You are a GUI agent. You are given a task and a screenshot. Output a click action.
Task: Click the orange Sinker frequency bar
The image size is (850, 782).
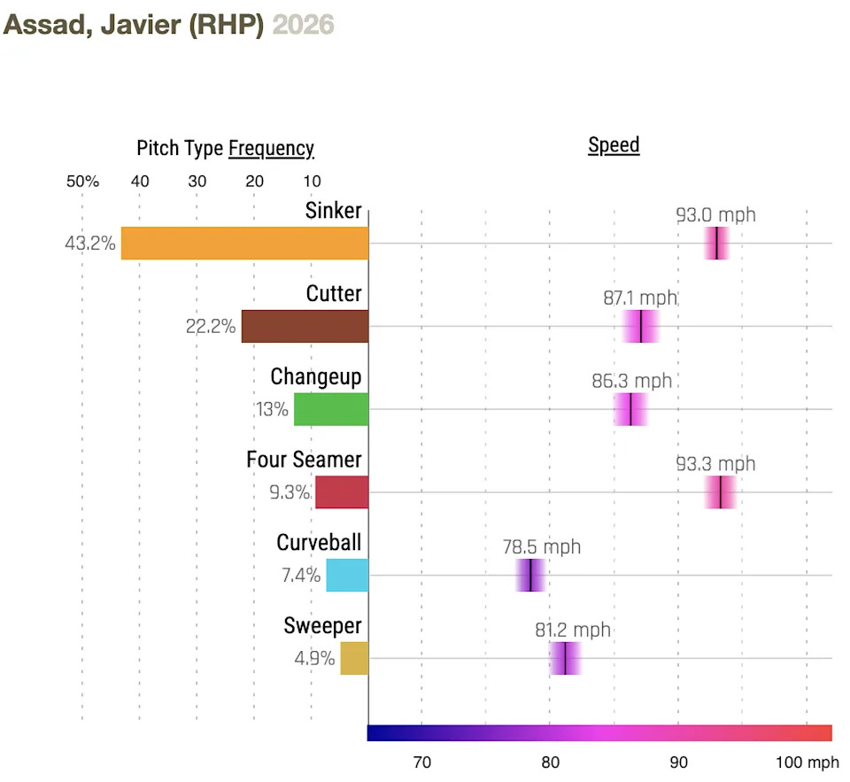[244, 244]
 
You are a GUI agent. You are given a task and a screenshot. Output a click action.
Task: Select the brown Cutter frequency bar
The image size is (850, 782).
[305, 327]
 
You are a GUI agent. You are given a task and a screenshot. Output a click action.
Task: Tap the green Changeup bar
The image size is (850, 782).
[331, 410]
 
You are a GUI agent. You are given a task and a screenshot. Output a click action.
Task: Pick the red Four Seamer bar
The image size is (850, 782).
[342, 492]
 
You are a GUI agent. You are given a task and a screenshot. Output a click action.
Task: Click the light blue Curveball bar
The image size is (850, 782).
[347, 576]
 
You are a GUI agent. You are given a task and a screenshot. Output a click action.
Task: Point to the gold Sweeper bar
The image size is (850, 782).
[354, 659]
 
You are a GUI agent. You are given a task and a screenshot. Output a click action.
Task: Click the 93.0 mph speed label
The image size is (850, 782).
[715, 215]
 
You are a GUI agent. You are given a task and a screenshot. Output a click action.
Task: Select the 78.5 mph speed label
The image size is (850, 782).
[542, 547]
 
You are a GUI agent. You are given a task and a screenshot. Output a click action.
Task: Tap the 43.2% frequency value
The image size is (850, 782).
[89, 244]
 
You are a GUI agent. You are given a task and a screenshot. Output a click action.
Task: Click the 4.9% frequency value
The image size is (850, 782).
[314, 659]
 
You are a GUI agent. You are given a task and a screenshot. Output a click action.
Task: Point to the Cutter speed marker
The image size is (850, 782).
[640, 327]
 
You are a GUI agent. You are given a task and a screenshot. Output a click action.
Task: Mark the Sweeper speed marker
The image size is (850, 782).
[564, 659]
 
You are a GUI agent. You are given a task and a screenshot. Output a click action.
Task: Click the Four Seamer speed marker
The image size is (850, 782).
[721, 492]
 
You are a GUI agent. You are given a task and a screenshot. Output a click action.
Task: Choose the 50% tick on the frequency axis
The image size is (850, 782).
[82, 182]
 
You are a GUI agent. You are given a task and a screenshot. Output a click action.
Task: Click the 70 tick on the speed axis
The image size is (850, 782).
[422, 762]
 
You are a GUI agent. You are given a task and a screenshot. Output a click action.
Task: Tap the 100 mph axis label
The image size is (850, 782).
[807, 762]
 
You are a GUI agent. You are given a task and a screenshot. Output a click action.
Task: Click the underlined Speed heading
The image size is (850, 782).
[614, 145]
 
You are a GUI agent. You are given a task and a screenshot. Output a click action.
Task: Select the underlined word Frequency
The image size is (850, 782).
[271, 148]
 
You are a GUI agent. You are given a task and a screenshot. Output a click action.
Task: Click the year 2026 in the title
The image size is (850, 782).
[303, 24]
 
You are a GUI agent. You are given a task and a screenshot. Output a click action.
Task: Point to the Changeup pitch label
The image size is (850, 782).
[316, 376]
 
